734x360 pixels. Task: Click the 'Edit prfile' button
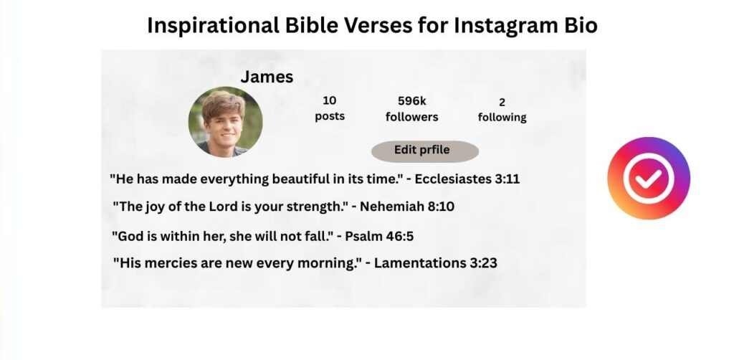point(425,151)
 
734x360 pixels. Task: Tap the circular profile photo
point(225,122)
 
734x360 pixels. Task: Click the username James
point(267,77)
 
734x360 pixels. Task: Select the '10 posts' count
point(330,108)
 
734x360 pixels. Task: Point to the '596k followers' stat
point(412,108)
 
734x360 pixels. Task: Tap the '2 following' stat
point(502,110)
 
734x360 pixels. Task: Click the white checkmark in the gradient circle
point(649,178)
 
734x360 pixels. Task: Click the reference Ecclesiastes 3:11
point(467,179)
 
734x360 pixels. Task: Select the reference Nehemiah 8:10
point(407,207)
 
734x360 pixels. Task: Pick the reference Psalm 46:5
point(379,236)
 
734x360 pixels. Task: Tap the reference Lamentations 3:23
point(435,262)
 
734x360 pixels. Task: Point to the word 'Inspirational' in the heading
point(213,26)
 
